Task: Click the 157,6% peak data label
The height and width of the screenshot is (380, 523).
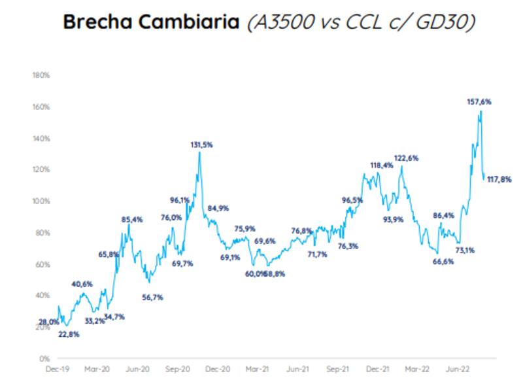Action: tap(479, 101)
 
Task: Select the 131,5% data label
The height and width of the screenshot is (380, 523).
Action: tap(201, 145)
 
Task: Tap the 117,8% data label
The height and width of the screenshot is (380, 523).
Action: tap(500, 180)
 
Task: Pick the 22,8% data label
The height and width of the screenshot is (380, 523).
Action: tap(69, 334)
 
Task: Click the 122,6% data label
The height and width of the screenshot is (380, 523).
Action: tap(406, 158)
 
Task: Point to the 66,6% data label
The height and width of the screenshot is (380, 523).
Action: tap(425, 262)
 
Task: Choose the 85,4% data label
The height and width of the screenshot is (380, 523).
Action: tap(132, 220)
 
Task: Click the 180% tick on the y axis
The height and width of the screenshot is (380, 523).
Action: tap(41, 75)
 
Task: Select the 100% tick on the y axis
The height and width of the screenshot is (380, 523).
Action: tap(41, 201)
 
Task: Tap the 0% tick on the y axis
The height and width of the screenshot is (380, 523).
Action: tap(45, 358)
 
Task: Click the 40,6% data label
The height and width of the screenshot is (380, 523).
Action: tap(82, 285)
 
